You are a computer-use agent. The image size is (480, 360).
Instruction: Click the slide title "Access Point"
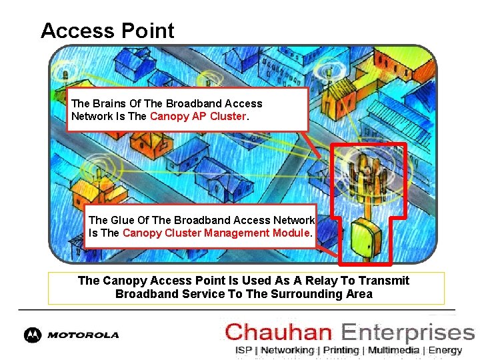107,31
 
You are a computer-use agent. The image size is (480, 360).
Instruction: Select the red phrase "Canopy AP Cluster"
198,117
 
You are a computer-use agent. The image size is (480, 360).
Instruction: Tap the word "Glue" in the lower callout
122,220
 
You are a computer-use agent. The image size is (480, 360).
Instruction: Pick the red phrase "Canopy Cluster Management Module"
216,233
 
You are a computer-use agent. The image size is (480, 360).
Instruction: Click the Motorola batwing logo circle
32,335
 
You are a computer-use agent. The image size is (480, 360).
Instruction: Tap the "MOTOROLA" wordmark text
83,335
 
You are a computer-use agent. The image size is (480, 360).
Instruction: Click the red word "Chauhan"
279,332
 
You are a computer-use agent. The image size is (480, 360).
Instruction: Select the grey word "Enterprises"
407,332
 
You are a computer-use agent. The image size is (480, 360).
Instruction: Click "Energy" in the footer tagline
445,350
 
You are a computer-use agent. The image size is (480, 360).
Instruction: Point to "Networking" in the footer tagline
287,350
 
